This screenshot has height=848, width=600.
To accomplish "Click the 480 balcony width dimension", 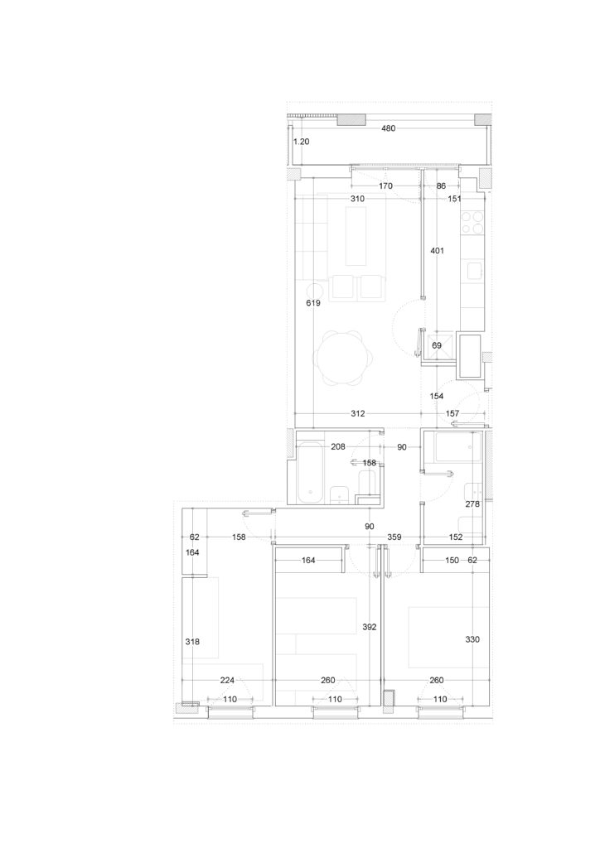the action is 389,128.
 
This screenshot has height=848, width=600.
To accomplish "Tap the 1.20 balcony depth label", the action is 302,142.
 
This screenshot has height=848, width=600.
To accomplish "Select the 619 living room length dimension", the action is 313,303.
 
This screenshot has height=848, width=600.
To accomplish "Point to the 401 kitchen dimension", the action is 437,250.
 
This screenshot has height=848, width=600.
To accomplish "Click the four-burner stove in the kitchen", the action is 472,222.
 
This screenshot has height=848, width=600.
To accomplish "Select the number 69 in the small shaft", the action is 437,345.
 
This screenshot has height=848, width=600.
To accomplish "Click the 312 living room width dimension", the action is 358,414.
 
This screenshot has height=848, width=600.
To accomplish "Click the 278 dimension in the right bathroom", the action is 472,504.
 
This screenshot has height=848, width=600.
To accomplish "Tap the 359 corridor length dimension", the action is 394,537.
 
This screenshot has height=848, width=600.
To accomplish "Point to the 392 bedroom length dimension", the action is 370,628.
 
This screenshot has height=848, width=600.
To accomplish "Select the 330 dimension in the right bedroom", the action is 472,639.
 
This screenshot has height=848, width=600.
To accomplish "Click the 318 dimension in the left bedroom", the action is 192,642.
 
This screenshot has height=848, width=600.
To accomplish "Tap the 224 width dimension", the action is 227,681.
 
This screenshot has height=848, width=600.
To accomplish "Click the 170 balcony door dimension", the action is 385,186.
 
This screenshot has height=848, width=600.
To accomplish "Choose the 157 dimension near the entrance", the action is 452,414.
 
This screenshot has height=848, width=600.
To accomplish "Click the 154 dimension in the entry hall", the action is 437,397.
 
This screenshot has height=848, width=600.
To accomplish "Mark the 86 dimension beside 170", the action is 441,186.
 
